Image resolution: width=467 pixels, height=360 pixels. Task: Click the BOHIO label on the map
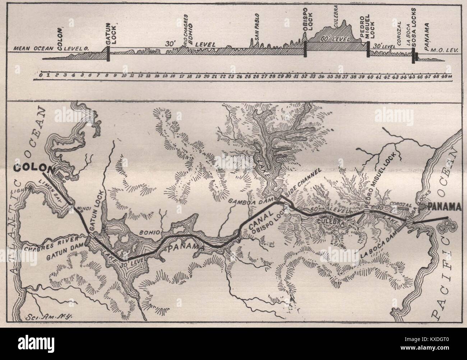148,232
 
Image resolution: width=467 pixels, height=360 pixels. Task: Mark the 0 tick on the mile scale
41,75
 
